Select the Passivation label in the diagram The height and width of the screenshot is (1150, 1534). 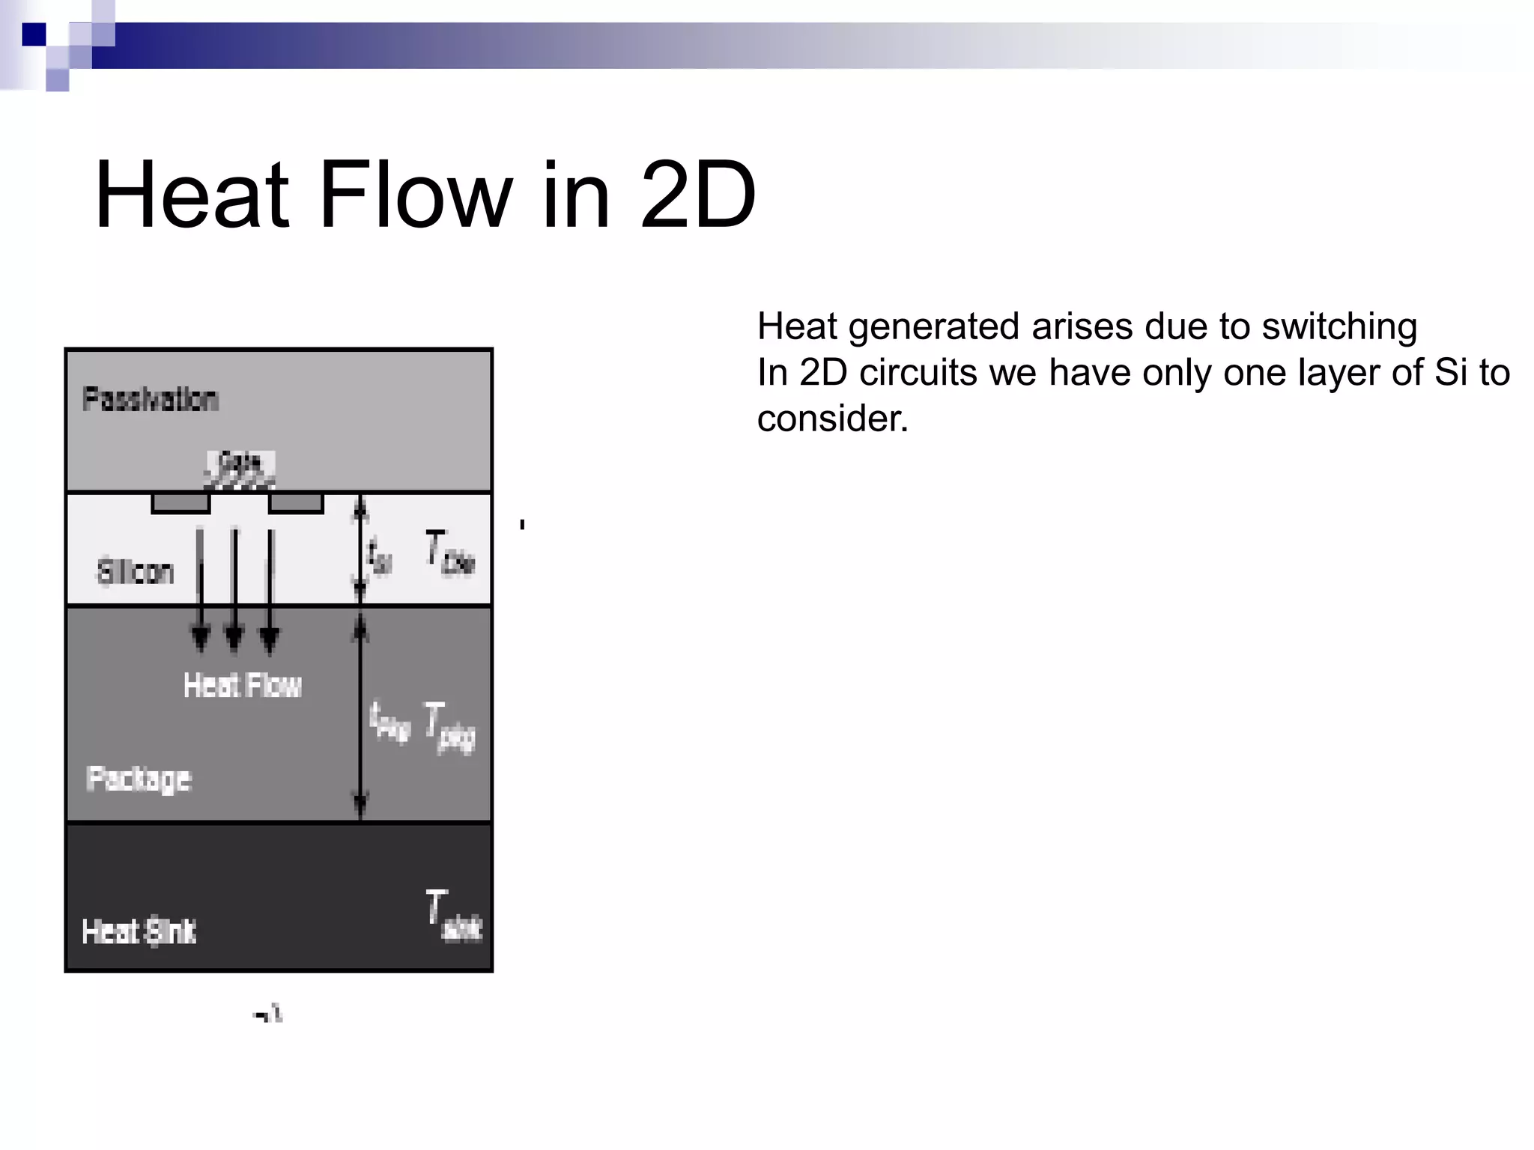click(x=150, y=399)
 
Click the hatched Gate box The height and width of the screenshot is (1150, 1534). click(x=240, y=469)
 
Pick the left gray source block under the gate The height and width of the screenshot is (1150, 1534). click(x=181, y=502)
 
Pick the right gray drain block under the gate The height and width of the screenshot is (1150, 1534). click(x=296, y=502)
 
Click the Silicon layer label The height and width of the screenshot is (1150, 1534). click(x=136, y=572)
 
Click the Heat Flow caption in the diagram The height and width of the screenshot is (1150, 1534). click(x=242, y=685)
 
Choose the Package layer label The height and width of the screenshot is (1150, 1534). click(x=139, y=779)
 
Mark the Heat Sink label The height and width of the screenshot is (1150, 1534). click(x=139, y=931)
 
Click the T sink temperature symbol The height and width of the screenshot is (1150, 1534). click(x=452, y=915)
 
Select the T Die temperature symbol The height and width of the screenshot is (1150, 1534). click(x=449, y=553)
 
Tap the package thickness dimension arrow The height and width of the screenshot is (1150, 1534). click(x=360, y=715)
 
